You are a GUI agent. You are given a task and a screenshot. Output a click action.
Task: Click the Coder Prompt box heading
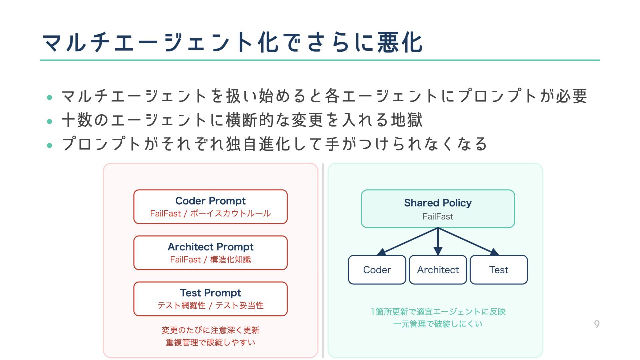click(x=210, y=201)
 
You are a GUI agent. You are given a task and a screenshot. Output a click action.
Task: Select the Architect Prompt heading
click(x=210, y=247)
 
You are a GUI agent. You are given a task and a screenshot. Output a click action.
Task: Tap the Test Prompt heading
click(x=210, y=293)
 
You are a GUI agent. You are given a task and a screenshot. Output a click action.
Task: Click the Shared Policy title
click(x=438, y=203)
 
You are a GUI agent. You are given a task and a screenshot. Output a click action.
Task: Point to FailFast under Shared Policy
click(x=438, y=216)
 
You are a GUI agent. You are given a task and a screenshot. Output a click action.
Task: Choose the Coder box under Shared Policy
click(x=377, y=270)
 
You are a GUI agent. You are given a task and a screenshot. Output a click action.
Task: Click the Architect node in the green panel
click(x=438, y=270)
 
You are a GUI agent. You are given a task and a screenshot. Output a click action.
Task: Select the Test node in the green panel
click(x=499, y=270)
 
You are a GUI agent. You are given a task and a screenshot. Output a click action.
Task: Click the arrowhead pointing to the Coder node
click(x=382, y=252)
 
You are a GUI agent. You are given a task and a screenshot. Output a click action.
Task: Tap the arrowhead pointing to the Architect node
click(x=438, y=251)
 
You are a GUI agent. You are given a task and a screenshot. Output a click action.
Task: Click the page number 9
click(x=597, y=324)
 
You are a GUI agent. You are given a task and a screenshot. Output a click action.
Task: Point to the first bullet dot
click(x=50, y=97)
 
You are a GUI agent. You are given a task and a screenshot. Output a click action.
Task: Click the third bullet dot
click(x=50, y=145)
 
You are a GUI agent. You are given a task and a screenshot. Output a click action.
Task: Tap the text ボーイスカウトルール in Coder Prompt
click(x=230, y=213)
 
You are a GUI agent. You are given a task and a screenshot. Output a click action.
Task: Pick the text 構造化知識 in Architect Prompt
click(x=230, y=259)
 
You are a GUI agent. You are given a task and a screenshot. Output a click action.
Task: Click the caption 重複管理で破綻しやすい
click(x=210, y=342)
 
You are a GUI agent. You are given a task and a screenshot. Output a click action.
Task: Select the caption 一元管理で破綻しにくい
click(x=438, y=324)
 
